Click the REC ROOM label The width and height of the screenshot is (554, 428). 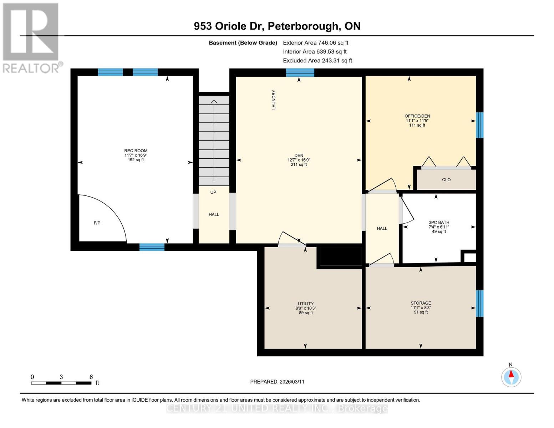tap(136, 151)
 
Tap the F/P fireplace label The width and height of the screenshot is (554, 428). tap(97, 223)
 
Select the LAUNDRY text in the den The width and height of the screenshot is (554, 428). tap(274, 100)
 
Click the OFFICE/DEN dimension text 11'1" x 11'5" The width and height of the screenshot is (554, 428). tap(417, 121)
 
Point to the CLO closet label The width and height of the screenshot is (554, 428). tap(446, 180)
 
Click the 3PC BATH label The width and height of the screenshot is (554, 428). tap(439, 222)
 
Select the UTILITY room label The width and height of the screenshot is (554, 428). tap(306, 304)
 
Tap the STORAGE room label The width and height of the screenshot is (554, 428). tap(421, 303)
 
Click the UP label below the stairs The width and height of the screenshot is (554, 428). tap(213, 192)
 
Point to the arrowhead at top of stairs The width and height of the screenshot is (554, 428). tap(214, 102)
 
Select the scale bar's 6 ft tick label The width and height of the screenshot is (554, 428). tap(91, 377)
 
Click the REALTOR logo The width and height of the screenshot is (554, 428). tap(31, 37)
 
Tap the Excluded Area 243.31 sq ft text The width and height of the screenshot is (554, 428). tap(317, 61)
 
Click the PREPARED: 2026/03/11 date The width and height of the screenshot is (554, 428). tap(277, 382)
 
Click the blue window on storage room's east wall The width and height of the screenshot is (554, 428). tap(480, 304)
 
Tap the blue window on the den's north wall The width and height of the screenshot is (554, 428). tap(300, 73)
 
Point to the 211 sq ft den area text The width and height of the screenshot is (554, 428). tap(299, 164)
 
